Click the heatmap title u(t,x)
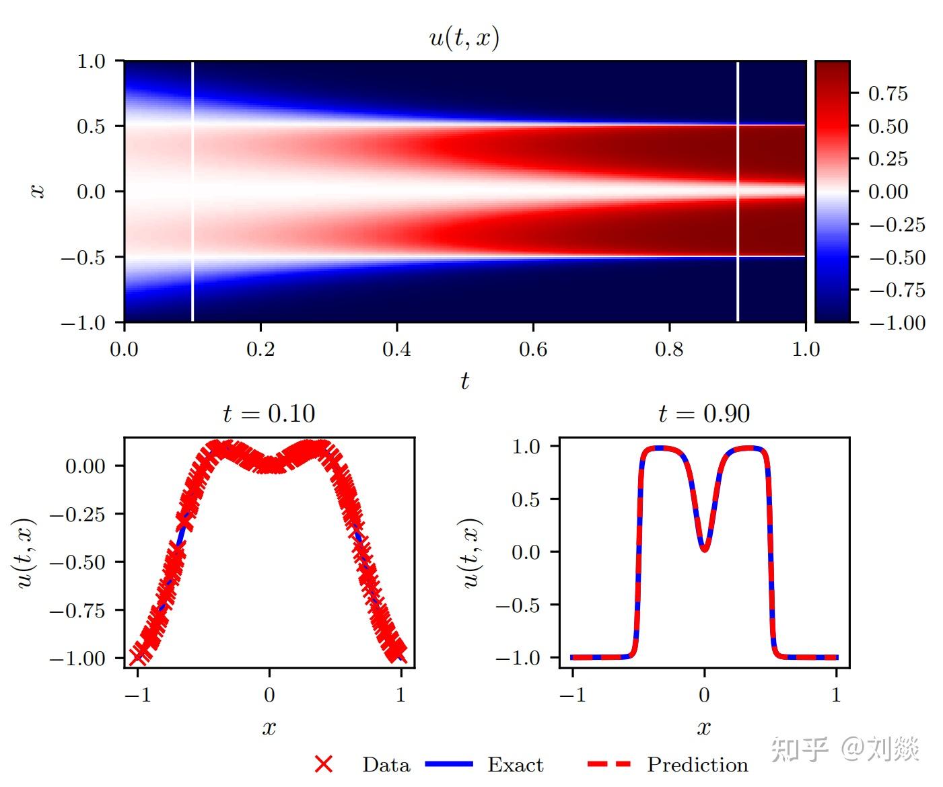(x=464, y=38)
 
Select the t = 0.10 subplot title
(x=269, y=414)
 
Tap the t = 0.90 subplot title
(x=704, y=414)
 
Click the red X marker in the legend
(x=324, y=764)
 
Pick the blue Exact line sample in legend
(x=449, y=764)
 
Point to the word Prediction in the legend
(x=697, y=765)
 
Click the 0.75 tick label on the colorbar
(x=888, y=93)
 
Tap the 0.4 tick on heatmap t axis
(x=396, y=349)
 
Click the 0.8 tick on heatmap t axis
(x=669, y=349)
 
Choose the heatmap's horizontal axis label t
(x=464, y=381)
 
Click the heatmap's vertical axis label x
(x=38, y=192)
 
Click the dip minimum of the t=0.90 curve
(x=704, y=550)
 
